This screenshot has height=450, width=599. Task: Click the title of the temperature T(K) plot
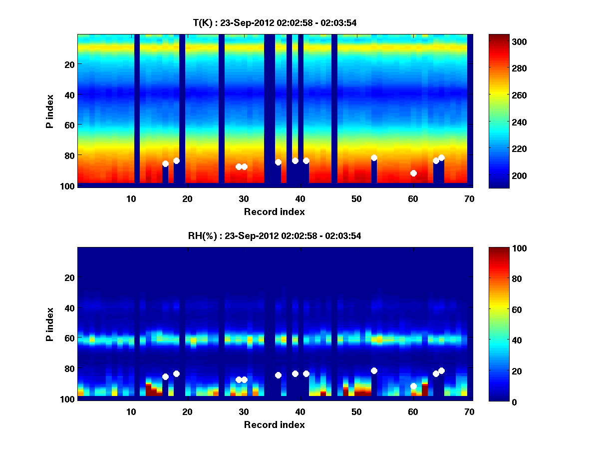(275, 22)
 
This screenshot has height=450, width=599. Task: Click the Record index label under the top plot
(275, 212)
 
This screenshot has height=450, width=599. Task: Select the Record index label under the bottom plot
(275, 425)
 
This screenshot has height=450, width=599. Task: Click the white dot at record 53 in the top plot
(374, 157)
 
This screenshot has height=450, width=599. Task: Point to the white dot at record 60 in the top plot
(413, 173)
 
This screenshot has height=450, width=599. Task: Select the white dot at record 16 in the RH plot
(165, 376)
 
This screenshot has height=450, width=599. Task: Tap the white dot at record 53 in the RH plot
(374, 370)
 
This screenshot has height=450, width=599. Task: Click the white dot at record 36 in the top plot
(278, 162)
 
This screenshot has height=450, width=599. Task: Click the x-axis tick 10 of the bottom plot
(131, 411)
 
